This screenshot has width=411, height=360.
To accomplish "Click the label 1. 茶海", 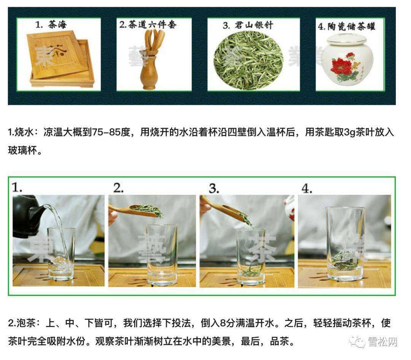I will pos(51,25).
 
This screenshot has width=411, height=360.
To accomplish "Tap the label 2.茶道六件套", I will pos(148,25).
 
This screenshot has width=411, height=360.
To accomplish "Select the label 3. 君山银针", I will pos(248,26).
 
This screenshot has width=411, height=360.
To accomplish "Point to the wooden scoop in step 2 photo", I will pos(131,209).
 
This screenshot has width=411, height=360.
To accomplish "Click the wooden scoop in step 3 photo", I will pos(223,208).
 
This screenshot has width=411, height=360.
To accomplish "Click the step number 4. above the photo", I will pos(307,188).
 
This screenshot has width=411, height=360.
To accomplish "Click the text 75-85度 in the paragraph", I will pos(112,133).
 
